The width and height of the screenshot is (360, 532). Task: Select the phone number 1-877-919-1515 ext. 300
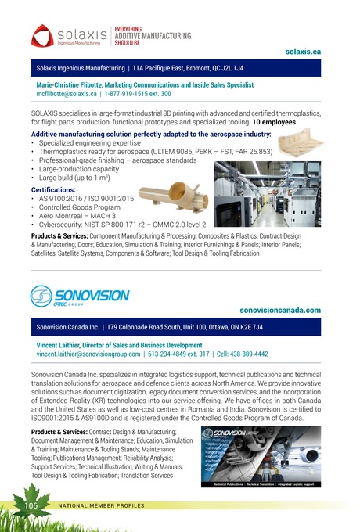[x=138, y=92]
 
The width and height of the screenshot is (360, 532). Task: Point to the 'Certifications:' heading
[x=51, y=189]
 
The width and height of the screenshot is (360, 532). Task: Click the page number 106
[x=31, y=506]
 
